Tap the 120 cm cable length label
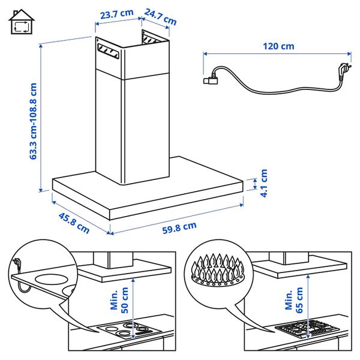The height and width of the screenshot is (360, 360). [278, 46]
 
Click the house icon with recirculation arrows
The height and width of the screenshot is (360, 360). [21, 22]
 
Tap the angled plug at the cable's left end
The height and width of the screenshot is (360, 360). [211, 78]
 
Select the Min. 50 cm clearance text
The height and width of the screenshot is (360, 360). [120, 298]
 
